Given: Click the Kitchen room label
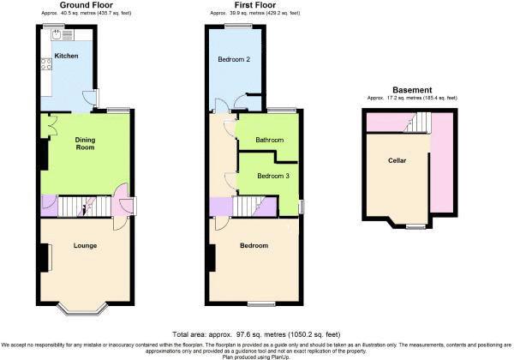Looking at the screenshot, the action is coord(66,56).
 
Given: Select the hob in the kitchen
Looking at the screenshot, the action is coord(46,64).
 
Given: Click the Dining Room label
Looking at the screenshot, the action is coord(85,144).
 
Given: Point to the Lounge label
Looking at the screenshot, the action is coord(85,246).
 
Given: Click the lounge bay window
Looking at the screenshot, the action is coord(82,309).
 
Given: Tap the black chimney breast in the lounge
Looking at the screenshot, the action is coord(44,257).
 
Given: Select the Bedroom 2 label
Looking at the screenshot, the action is coord(234,59).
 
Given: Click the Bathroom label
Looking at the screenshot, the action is coord(270,140).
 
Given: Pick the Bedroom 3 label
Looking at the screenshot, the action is coord(273,176).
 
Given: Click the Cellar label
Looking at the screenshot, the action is coord(397,160).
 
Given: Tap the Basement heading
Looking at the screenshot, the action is coord(412,90).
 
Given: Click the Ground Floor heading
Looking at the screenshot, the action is coord(87,5).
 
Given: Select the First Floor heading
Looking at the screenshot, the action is coord(255,5).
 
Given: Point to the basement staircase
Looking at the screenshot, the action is coord(418,122).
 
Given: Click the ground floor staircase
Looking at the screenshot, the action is coord(85,207).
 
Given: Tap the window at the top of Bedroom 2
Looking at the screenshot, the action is coord(238,26).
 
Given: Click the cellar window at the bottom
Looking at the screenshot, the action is coord(415,226).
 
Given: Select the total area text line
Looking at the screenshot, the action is coord(256,334).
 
